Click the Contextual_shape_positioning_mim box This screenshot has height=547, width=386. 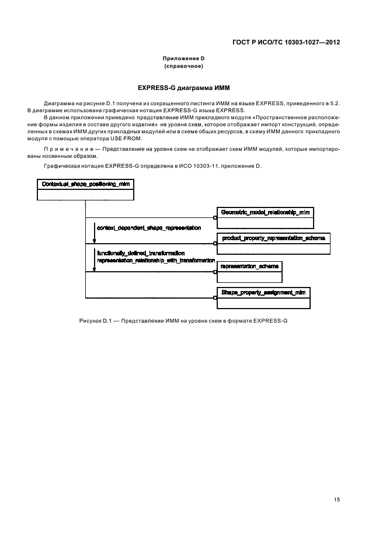pyautogui.click(x=85, y=190)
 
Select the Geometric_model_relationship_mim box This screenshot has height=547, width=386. pyautogui.click(x=265, y=217)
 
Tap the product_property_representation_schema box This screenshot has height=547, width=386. pyautogui.click(x=273, y=243)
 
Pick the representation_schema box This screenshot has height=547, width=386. pyautogui.click(x=249, y=271)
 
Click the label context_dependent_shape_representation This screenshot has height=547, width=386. pyautogui.click(x=149, y=227)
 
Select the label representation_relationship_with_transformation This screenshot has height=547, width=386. pyautogui.click(x=156, y=260)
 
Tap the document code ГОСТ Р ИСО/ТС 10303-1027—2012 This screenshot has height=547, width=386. pyautogui.click(x=287, y=43)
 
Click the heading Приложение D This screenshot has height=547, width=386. pyautogui.click(x=183, y=58)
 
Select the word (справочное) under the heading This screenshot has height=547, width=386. pyautogui.click(x=183, y=66)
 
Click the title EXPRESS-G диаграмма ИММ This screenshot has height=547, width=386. pyautogui.click(x=183, y=87)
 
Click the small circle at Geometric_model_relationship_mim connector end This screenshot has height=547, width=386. pyautogui.click(x=215, y=217)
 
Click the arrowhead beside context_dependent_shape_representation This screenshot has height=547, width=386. pyautogui.click(x=94, y=239)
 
